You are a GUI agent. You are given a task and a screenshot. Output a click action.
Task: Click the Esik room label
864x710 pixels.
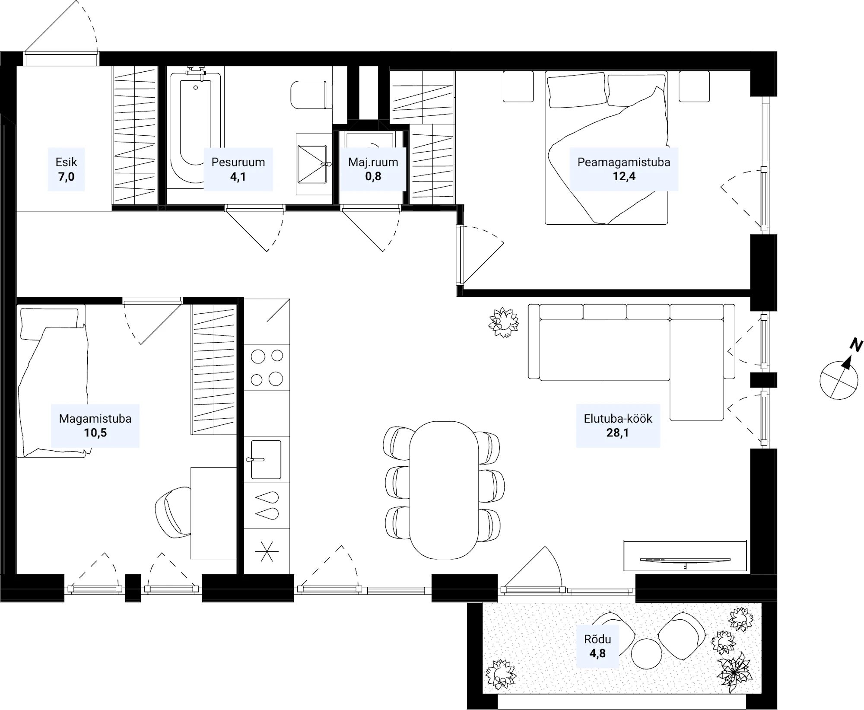[x=66, y=162]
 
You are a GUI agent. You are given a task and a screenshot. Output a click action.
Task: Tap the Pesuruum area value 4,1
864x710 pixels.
[x=238, y=176]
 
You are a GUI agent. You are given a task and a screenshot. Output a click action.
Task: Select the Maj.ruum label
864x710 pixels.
[x=373, y=162]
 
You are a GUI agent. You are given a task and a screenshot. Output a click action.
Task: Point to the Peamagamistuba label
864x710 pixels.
[x=624, y=162]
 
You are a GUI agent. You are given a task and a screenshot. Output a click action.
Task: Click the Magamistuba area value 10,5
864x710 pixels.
[x=95, y=433]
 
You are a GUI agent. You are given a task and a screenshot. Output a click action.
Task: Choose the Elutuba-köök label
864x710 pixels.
[x=618, y=418]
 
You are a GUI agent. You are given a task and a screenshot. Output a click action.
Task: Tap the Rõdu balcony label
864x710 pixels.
[x=597, y=639]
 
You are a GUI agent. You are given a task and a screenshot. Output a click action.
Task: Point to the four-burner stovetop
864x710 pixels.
[x=267, y=367]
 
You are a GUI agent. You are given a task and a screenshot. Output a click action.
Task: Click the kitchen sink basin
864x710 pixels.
[x=266, y=459]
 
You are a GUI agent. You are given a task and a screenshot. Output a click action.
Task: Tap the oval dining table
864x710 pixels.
[x=444, y=490]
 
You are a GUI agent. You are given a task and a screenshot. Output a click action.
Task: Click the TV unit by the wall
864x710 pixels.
[x=685, y=555]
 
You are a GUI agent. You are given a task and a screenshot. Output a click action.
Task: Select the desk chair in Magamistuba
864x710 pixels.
[x=173, y=513]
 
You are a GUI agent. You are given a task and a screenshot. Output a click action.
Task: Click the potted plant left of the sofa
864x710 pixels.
[x=503, y=322]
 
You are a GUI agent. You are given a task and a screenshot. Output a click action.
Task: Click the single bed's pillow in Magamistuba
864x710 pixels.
[x=50, y=322]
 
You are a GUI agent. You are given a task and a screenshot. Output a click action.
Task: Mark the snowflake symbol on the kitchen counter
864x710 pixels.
[x=267, y=551]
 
